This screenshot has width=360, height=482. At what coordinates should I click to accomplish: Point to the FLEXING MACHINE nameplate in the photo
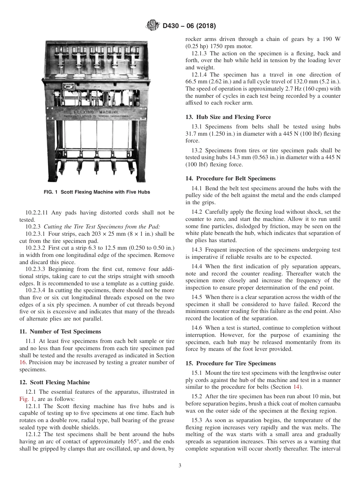pyautogui.click(x=96, y=113)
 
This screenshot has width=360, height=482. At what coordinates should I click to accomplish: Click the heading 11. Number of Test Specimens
pyautogui.click(x=60, y=331)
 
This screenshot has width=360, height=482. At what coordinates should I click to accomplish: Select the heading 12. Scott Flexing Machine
pyautogui.click(x=55, y=382)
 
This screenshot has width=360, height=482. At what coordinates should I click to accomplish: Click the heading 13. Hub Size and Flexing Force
pyautogui.click(x=228, y=117)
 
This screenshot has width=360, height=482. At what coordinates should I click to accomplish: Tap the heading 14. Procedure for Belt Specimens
pyautogui.click(x=230, y=178)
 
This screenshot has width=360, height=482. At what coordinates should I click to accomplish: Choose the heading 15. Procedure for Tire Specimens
pyautogui.click(x=230, y=363)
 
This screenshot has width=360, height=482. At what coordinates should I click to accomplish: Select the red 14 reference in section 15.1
pyautogui.click(x=296, y=387)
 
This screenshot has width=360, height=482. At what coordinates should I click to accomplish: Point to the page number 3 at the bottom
pyautogui.click(x=180, y=466)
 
